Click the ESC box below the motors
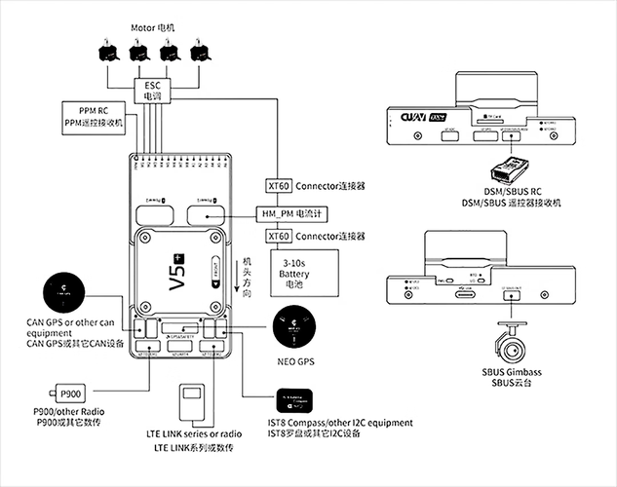pos(153,91)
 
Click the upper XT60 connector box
pos(279,185)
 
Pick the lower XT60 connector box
pos(279,237)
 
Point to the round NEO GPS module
pos(294,329)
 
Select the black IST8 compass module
pos(298,398)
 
